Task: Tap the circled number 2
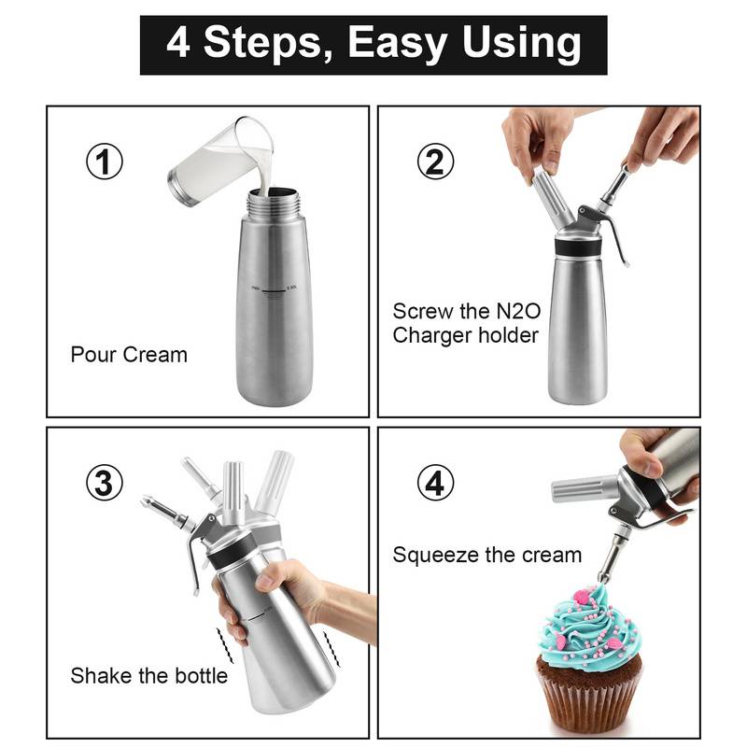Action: (435, 162)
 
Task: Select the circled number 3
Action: (105, 483)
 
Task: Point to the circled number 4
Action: (435, 483)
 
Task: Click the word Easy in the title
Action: (407, 44)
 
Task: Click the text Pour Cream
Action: (129, 355)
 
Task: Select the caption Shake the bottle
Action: (149, 675)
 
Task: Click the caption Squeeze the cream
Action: (486, 555)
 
